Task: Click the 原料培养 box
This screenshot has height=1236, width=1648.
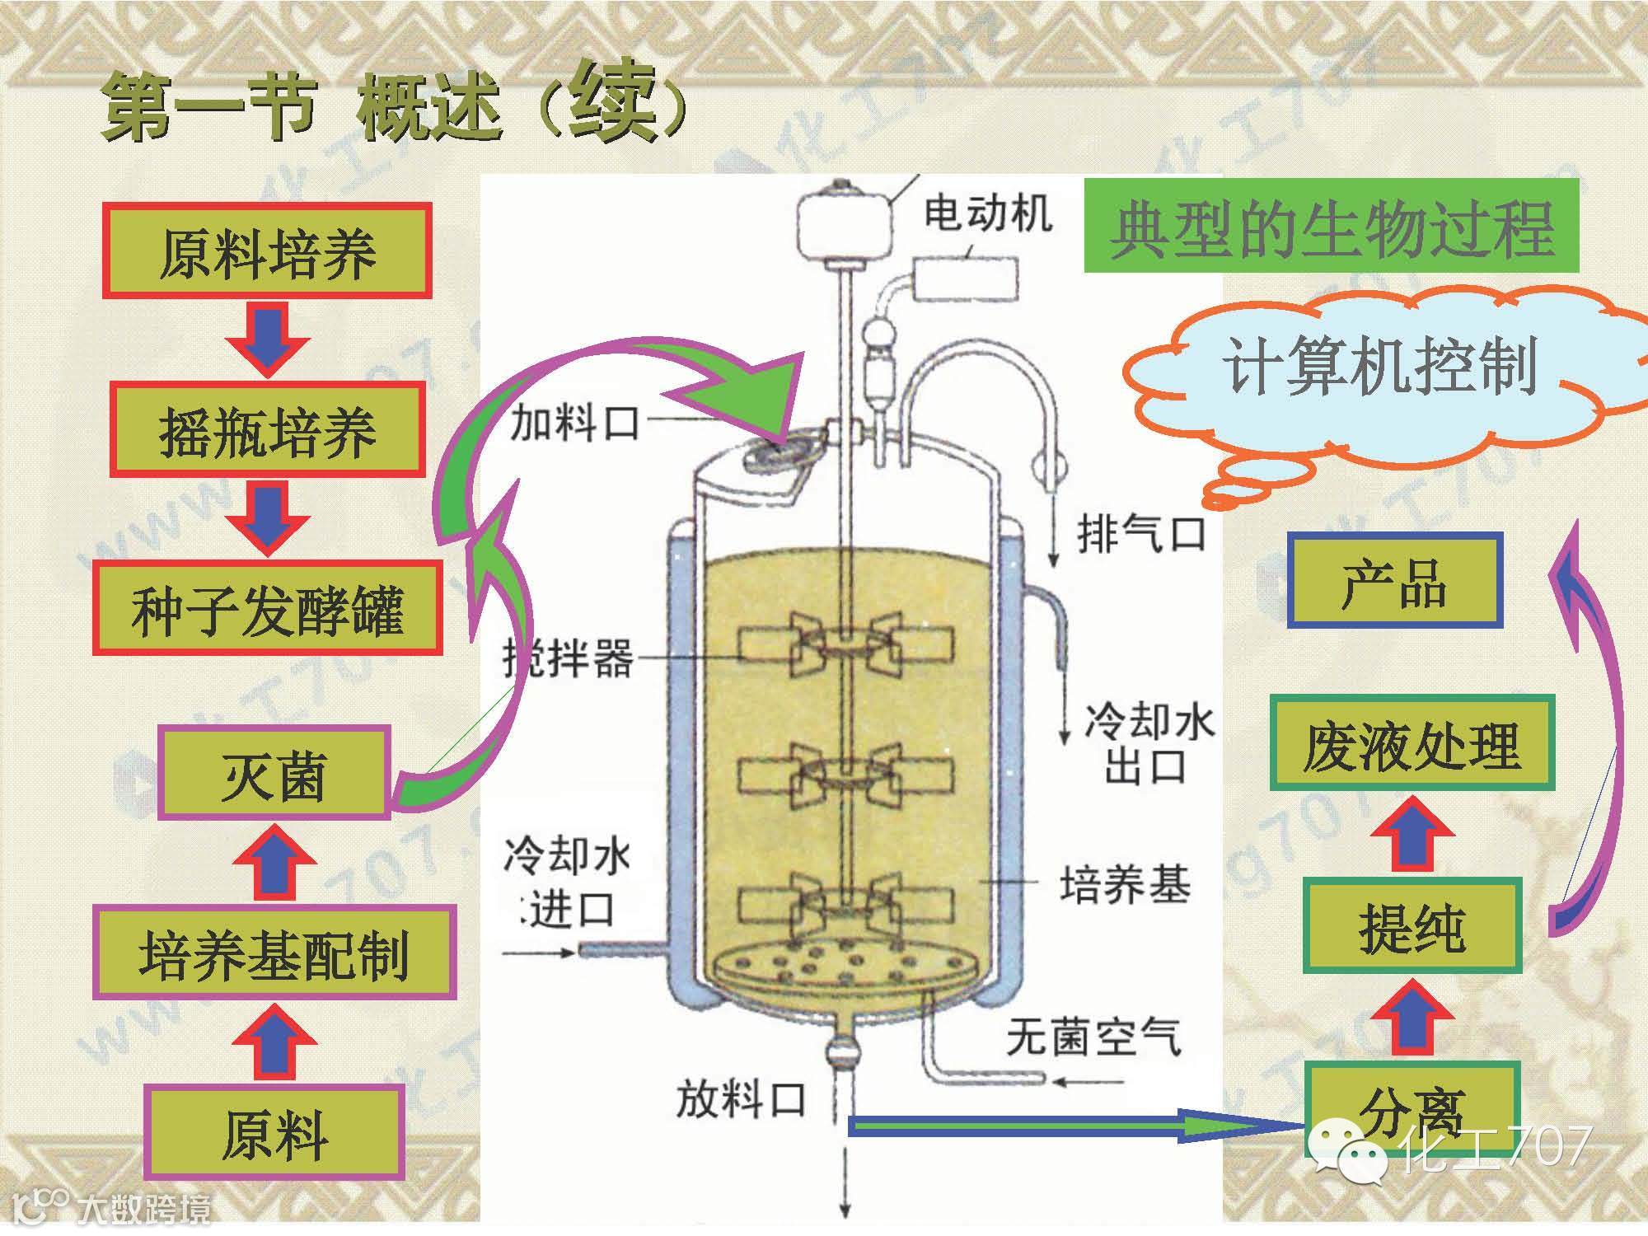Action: tap(267, 250)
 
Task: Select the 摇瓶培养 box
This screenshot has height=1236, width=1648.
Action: tap(267, 429)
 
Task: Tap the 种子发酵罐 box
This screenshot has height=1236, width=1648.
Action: tap(267, 608)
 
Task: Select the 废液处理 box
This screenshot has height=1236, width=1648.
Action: tap(1411, 742)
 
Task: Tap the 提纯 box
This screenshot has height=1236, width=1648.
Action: tap(1411, 925)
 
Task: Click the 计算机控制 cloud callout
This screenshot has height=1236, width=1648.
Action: tap(1380, 367)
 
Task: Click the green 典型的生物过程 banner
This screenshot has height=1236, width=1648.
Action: tap(1330, 226)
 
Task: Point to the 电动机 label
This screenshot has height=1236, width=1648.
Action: tap(987, 214)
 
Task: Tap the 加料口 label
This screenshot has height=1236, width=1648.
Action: tap(574, 424)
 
